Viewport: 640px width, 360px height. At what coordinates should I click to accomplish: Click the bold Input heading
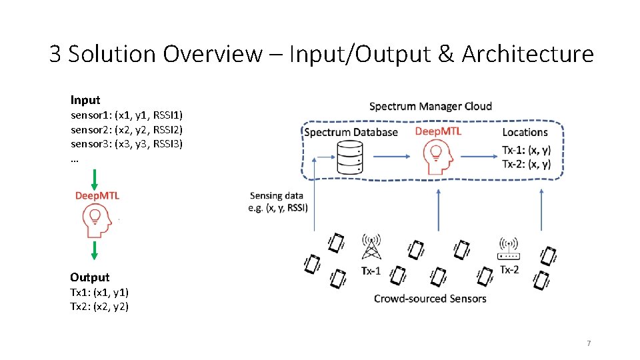pos(85,100)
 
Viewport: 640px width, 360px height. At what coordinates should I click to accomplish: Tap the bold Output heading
pos(89,277)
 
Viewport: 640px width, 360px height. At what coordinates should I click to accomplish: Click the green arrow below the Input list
pos(95,179)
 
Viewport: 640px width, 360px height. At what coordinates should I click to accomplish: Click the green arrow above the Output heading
pos(95,250)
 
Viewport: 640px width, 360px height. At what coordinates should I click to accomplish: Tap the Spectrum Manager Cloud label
pos(430,106)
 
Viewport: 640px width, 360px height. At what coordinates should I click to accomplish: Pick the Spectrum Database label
pos(351,132)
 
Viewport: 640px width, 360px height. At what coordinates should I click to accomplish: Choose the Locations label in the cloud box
pos(525,132)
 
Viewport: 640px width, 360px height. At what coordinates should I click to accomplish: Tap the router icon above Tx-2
pos(509,249)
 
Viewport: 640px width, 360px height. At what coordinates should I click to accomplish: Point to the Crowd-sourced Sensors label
pos(430,298)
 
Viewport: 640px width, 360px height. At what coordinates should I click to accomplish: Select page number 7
pos(588,343)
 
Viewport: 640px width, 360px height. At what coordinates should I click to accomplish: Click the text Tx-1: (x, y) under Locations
pos(526,150)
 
